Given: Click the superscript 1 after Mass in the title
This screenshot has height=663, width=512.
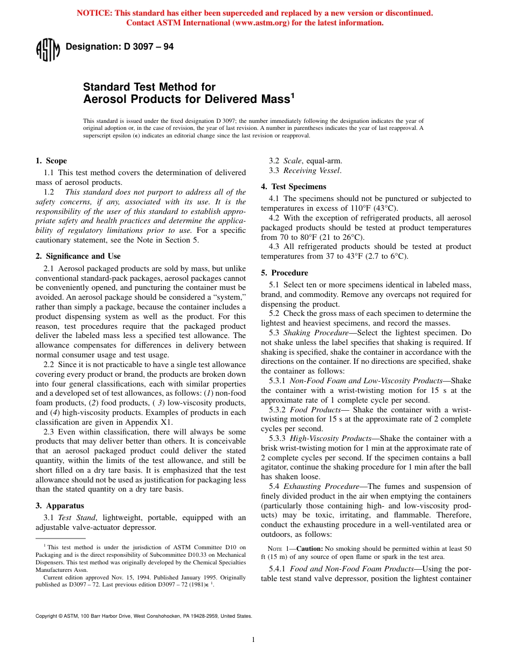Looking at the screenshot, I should [x=293, y=96].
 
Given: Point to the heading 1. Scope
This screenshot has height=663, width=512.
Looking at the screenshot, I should [x=51, y=161].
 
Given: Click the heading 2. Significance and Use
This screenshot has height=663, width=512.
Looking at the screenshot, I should [x=78, y=256].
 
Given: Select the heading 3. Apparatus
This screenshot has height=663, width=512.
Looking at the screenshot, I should [x=59, y=506].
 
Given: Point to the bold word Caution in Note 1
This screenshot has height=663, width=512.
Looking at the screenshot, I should [x=309, y=548].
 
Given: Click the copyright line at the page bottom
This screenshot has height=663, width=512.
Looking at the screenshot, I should [x=143, y=616].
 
